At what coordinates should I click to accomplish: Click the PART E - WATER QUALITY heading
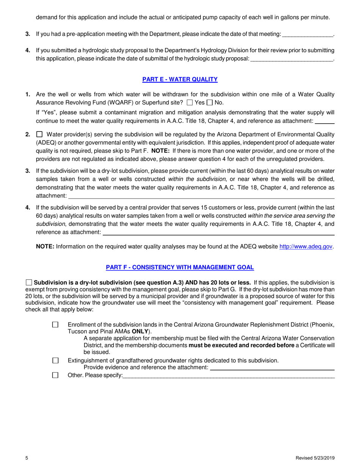[180, 79]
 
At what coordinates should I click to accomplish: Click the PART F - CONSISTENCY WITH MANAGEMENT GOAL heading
[180, 267]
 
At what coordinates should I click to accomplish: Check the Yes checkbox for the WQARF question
[190, 103]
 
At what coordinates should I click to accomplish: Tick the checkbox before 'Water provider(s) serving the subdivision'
[39, 134]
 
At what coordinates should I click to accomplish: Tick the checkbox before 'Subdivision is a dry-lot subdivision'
[29, 282]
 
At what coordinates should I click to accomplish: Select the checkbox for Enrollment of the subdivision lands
[55, 325]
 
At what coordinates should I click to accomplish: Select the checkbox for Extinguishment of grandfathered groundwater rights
[55, 361]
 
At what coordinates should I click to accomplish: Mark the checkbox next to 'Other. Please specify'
[55, 375]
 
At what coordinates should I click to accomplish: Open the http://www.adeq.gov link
[306, 247]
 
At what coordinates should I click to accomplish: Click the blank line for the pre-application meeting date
[308, 34]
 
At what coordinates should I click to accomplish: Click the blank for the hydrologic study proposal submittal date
[292, 59]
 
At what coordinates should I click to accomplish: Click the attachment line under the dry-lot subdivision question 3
[201, 196]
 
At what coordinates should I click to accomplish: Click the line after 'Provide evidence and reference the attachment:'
[272, 368]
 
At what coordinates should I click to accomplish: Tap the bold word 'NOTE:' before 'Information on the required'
[45, 247]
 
